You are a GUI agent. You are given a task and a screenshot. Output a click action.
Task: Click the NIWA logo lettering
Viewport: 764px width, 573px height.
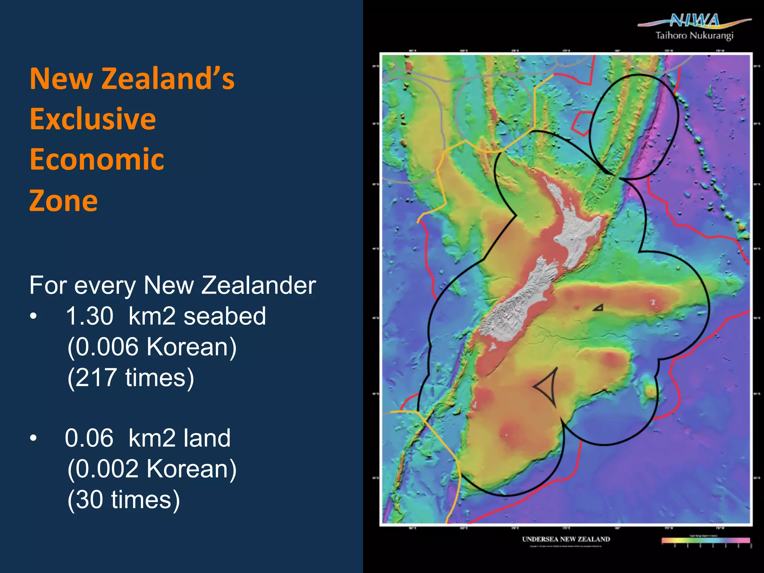click(695, 20)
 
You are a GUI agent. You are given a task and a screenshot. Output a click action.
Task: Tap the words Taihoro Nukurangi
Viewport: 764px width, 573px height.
click(694, 36)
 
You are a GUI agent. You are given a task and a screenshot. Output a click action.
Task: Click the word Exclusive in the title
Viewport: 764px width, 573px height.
click(93, 119)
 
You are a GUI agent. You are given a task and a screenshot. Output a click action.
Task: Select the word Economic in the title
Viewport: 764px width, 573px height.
click(97, 159)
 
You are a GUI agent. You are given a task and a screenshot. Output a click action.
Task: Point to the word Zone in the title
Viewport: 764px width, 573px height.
click(64, 201)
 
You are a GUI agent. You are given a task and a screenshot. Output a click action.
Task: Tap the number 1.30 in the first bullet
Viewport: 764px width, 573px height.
click(90, 316)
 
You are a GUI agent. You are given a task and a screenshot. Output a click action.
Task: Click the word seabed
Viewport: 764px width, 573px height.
click(225, 316)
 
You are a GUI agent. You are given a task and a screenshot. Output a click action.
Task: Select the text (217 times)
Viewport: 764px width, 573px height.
click(131, 378)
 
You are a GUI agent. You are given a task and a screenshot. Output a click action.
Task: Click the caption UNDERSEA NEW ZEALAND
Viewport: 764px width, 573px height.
click(566, 539)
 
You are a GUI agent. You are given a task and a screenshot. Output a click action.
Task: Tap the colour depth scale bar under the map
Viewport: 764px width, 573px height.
click(705, 540)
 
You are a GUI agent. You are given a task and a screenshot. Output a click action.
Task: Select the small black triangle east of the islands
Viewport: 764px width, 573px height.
click(598, 308)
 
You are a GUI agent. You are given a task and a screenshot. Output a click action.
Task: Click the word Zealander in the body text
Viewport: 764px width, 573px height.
click(259, 285)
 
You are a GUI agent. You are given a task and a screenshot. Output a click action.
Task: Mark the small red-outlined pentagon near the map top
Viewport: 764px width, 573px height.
click(581, 123)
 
